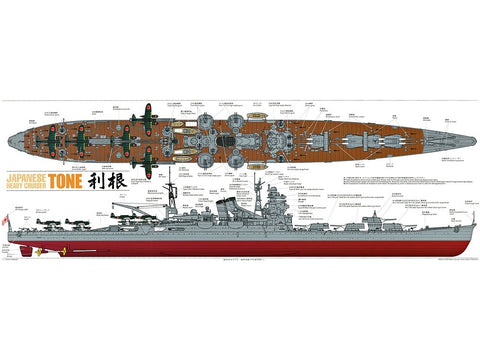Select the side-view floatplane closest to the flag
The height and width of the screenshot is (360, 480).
45,222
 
